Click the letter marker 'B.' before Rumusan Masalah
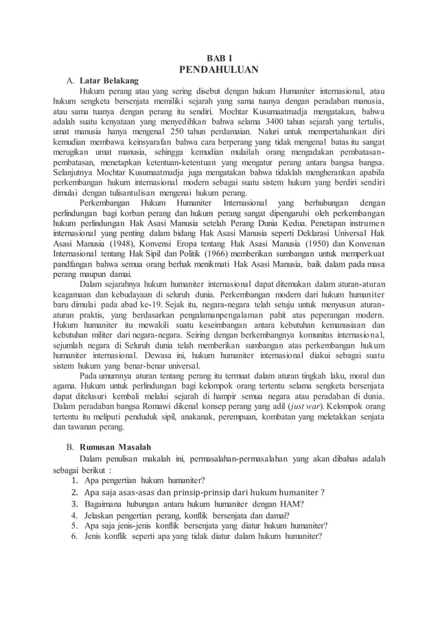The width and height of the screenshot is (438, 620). (x=71, y=446)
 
